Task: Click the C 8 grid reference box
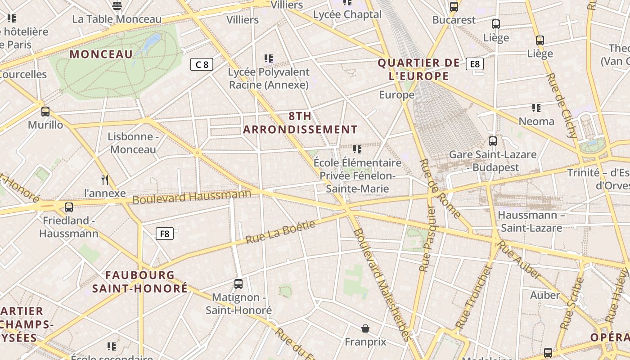coord(201,64)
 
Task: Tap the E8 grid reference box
coord(474,64)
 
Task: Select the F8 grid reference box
coord(165,234)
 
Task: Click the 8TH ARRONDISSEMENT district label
coord(300,123)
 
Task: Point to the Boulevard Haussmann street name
coord(192,197)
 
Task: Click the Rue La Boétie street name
coord(280,232)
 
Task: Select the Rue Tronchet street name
coord(474,296)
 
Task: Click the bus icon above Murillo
coord(45,111)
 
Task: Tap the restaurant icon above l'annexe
coord(105,180)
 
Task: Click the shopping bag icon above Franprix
coord(365,328)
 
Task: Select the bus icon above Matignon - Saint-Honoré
coord(238,284)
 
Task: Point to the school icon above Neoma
coord(536,108)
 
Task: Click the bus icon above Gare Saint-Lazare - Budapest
coord(493,141)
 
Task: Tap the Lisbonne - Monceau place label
coord(133,143)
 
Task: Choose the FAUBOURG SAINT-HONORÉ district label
coord(140,282)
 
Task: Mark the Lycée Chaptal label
coord(347,14)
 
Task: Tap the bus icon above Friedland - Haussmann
coord(69,207)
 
